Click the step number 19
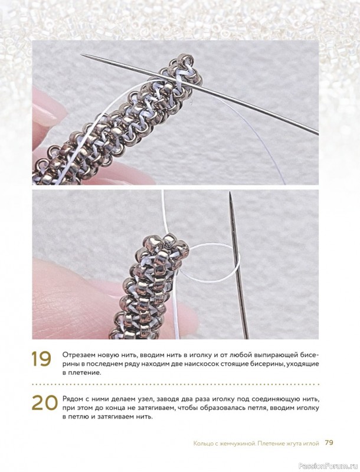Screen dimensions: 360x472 (41, 359)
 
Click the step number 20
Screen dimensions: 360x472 (44, 402)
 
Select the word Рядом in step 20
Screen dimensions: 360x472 (71, 399)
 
